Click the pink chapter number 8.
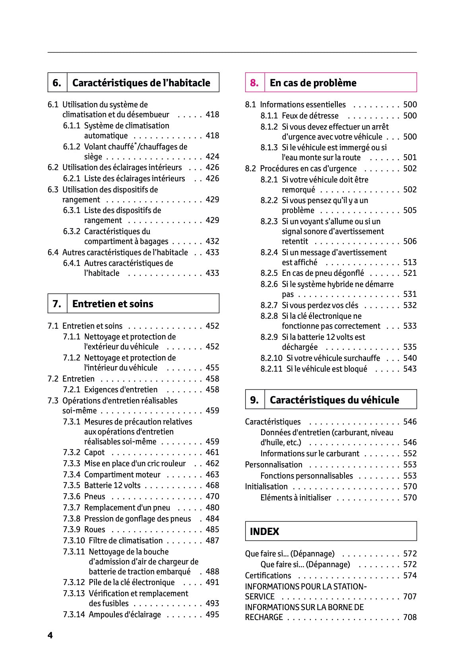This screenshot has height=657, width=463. pyautogui.click(x=254, y=83)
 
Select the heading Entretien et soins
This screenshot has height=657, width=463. pyautogui.click(x=112, y=304)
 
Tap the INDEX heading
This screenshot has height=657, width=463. pyautogui.click(x=264, y=531)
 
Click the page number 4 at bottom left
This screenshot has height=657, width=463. pyautogui.click(x=50, y=635)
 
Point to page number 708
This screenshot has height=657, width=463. pyautogui.click(x=410, y=617)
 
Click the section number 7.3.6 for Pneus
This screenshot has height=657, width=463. pyautogui.click(x=72, y=496)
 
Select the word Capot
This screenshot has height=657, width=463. pyautogui.click(x=94, y=452)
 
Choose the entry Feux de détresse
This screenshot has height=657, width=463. pyautogui.click(x=310, y=116)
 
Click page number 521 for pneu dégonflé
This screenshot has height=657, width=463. pyautogui.click(x=410, y=273)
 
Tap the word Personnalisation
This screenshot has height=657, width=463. pyautogui.click(x=273, y=465)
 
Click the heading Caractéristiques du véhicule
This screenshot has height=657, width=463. pyautogui.click(x=334, y=400)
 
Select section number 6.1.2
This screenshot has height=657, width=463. pyautogui.click(x=72, y=147)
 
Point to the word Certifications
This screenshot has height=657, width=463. pyautogui.click(x=268, y=576)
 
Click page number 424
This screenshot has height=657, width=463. pyautogui.click(x=212, y=157)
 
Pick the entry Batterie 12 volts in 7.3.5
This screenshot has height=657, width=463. pyautogui.click(x=112, y=485)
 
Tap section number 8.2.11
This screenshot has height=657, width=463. pyautogui.click(x=271, y=369)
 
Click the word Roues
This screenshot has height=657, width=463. pyautogui.click(x=95, y=529)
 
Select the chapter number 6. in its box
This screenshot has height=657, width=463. pyautogui.click(x=57, y=83)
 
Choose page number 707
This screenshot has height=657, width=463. pyautogui.click(x=410, y=597)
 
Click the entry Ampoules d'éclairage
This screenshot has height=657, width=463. pyautogui.click(x=125, y=614)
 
